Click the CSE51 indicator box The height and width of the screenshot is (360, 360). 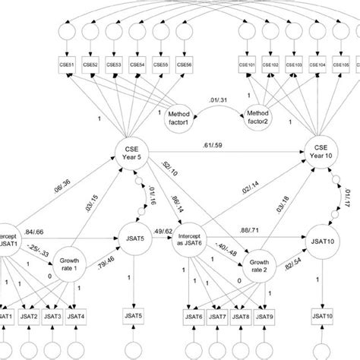pyautogui.click(x=68, y=65)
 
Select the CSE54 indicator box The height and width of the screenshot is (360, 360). pyautogui.click(x=137, y=65)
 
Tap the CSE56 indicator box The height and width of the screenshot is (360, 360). pyautogui.click(x=183, y=65)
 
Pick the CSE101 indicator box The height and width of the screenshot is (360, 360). pyautogui.click(x=248, y=65)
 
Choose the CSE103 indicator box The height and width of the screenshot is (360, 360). pyautogui.click(x=295, y=65)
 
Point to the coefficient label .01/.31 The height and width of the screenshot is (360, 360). pyautogui.click(x=219, y=97)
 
